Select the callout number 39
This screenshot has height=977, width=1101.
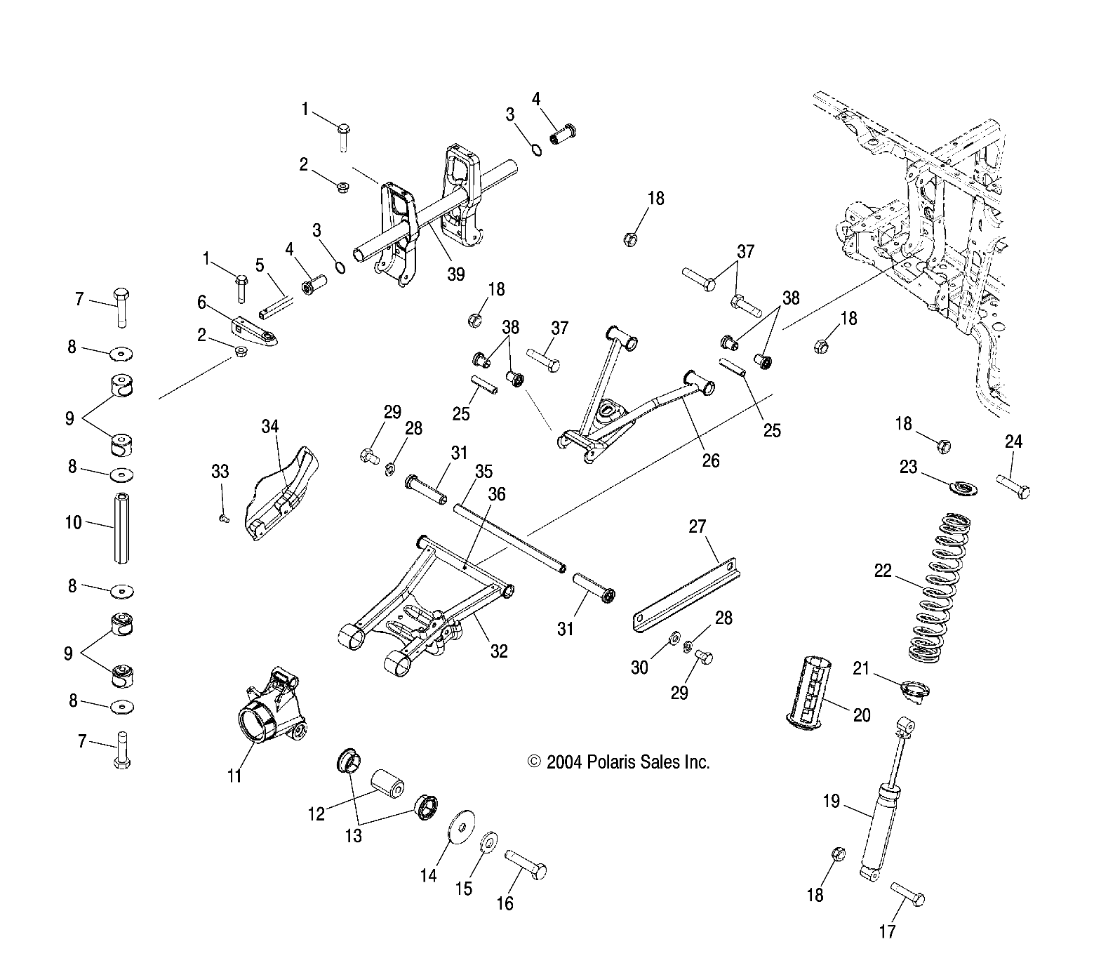click(456, 274)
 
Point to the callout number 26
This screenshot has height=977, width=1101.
click(711, 460)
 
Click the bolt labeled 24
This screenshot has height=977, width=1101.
click(1013, 486)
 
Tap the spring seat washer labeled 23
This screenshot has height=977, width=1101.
click(960, 486)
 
